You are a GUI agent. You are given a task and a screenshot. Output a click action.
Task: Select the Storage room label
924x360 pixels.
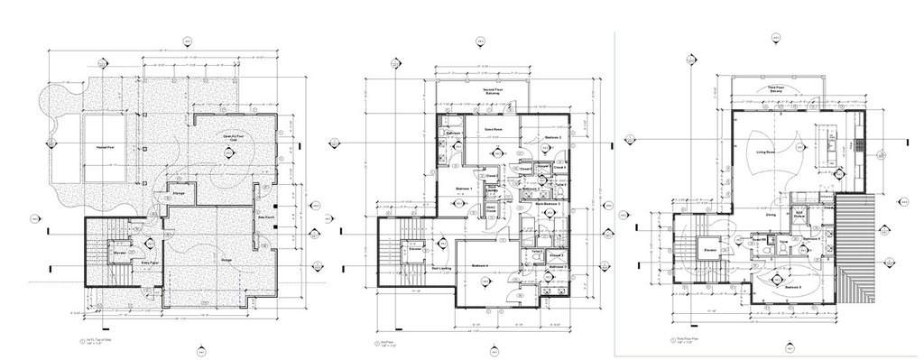pos(179,193)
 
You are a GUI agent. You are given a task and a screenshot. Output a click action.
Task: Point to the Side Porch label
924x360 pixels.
pos(266,218)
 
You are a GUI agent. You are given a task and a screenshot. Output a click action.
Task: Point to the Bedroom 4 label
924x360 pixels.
pos(479,265)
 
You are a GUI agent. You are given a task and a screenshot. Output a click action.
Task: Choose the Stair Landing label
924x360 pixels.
pos(415,268)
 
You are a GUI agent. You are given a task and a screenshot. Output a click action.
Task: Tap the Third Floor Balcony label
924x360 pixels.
pos(775,89)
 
